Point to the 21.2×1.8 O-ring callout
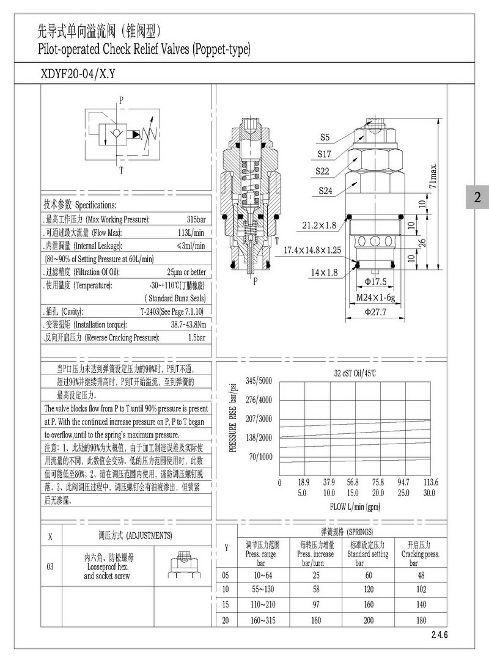319,225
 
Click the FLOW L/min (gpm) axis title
355,507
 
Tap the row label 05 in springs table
226,575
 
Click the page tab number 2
477,197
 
